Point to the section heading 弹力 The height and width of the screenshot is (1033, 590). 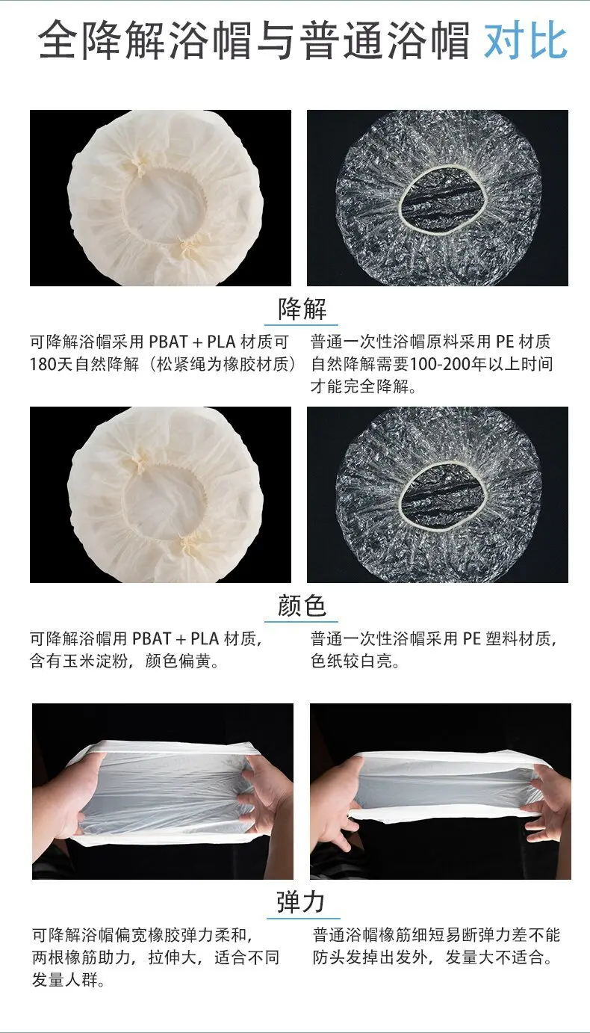[x=301, y=902]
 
